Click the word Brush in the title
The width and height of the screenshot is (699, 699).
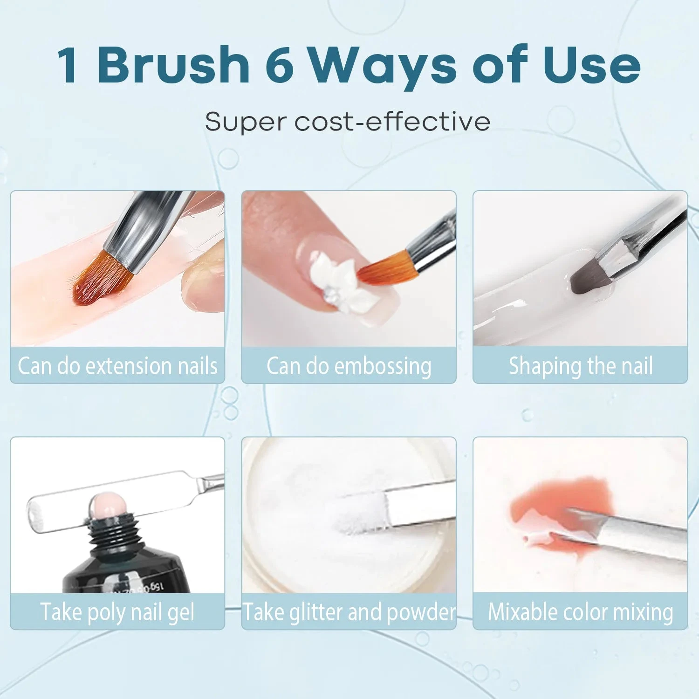pos(174,65)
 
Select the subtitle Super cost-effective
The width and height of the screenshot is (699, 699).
pos(348,122)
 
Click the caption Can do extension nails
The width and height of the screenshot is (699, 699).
pos(117,366)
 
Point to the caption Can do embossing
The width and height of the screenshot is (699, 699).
pos(349,366)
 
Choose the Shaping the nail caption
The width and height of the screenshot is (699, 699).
pos(581,366)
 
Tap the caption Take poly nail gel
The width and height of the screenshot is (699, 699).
pos(117,612)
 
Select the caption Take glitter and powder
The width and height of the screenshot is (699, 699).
pos(349,612)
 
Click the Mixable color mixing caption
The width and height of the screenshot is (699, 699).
pos(581,612)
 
